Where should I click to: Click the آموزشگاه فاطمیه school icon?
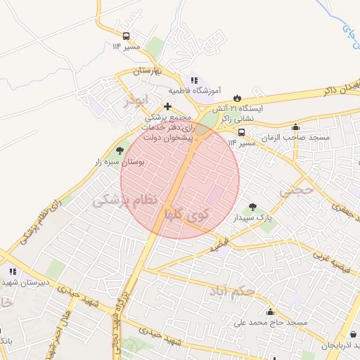tap(194, 81)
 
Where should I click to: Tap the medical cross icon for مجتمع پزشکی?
tap(167, 106)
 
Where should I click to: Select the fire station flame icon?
tap(237, 98)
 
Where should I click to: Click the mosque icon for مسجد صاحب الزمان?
tap(296, 127)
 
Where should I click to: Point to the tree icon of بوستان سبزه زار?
tap(119, 150)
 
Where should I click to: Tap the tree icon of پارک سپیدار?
tap(252, 207)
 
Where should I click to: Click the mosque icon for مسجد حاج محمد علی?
tap(270, 311)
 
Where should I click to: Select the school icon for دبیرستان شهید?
tap(12, 271)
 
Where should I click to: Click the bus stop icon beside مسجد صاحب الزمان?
tap(241, 132)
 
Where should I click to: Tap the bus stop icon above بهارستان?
tap(126, 36)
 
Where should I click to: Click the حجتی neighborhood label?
tap(296, 191)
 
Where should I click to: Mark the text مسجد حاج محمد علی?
tap(271, 323)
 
